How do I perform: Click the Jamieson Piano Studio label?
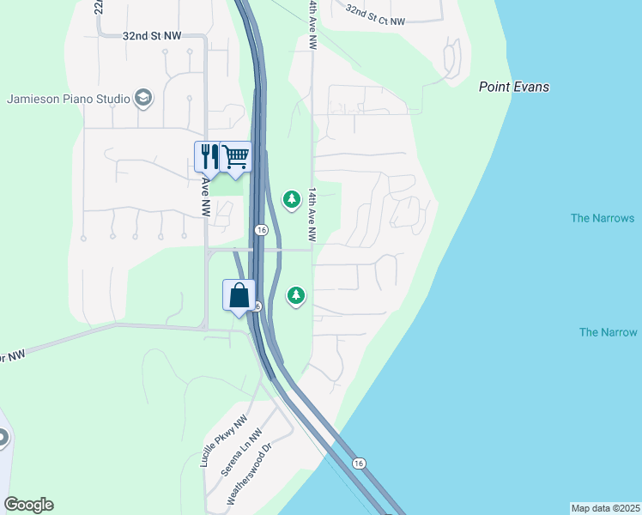68,98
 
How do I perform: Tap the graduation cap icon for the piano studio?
143,98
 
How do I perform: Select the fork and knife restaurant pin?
207,157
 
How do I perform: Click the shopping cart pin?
235,156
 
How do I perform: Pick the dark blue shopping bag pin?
239,295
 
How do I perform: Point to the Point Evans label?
513,87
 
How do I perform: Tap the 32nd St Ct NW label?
375,15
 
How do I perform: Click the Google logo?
28,505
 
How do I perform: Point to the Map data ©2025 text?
605,508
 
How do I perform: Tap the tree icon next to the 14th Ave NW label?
292,199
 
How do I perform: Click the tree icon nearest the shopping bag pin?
296,295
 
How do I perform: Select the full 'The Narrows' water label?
603,218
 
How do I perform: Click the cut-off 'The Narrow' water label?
608,332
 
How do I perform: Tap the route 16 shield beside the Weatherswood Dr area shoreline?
359,463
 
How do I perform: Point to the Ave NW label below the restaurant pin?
206,197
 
